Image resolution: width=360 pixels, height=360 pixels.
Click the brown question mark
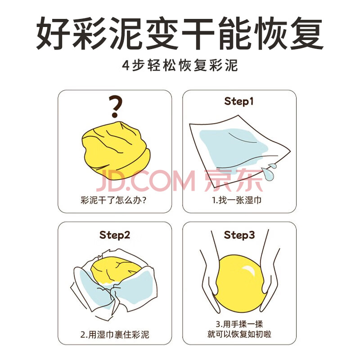(115, 107)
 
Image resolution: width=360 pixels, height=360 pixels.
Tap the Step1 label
(239, 101)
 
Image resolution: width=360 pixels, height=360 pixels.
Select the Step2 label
(115, 235)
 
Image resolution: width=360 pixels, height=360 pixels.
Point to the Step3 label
(239, 235)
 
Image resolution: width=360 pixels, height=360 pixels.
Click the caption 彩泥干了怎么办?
(113, 200)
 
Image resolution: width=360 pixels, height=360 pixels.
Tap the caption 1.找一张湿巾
(237, 200)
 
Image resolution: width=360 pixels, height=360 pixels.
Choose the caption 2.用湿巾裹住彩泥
(115, 334)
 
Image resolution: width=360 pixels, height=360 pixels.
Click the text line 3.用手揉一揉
(239, 324)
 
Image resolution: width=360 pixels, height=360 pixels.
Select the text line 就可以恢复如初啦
(239, 334)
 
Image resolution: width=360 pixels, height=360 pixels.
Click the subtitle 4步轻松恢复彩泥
(180, 65)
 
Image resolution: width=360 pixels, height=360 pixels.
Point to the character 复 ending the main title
(307, 33)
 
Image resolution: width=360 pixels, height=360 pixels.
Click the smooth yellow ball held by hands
(240, 284)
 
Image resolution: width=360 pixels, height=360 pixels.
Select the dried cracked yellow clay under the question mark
(117, 150)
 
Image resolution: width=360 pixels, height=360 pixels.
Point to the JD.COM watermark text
(146, 180)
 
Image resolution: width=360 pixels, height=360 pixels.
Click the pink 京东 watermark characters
(233, 180)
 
